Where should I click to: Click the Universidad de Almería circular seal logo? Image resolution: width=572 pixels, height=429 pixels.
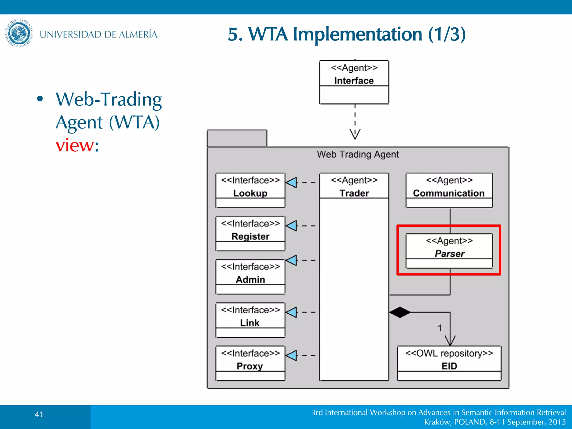pyautogui.click(x=19, y=33)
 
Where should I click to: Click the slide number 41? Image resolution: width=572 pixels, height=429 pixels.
pyautogui.click(x=39, y=414)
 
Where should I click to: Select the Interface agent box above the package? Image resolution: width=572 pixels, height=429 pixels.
pyautogui.click(x=354, y=82)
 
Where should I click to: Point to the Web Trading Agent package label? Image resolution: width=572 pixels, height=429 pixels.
pyautogui.click(x=358, y=154)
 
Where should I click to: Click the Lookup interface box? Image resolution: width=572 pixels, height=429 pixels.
pyautogui.click(x=250, y=190)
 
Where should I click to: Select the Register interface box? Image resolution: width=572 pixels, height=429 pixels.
pyautogui.click(x=250, y=233)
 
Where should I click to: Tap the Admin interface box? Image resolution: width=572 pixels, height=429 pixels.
pyautogui.click(x=250, y=277)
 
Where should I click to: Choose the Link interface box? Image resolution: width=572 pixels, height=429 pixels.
pyautogui.click(x=250, y=320)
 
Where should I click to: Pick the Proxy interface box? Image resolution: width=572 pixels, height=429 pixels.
pyautogui.click(x=250, y=363)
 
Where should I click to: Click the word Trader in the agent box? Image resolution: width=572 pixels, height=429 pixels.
pyautogui.click(x=354, y=193)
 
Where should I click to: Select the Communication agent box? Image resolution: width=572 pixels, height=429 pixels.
pyautogui.click(x=449, y=190)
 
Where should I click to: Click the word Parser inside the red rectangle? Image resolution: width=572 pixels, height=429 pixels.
pyautogui.click(x=449, y=254)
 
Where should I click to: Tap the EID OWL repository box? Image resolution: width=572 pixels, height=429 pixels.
pyautogui.click(x=449, y=363)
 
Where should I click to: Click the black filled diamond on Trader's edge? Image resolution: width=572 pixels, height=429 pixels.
pyautogui.click(x=400, y=312)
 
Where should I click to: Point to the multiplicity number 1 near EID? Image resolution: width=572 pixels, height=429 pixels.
pyautogui.click(x=440, y=328)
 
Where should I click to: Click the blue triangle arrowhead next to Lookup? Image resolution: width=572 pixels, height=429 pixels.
pyautogui.click(x=292, y=182)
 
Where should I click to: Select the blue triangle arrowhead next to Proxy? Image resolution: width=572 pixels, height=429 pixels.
pyautogui.click(x=292, y=356)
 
